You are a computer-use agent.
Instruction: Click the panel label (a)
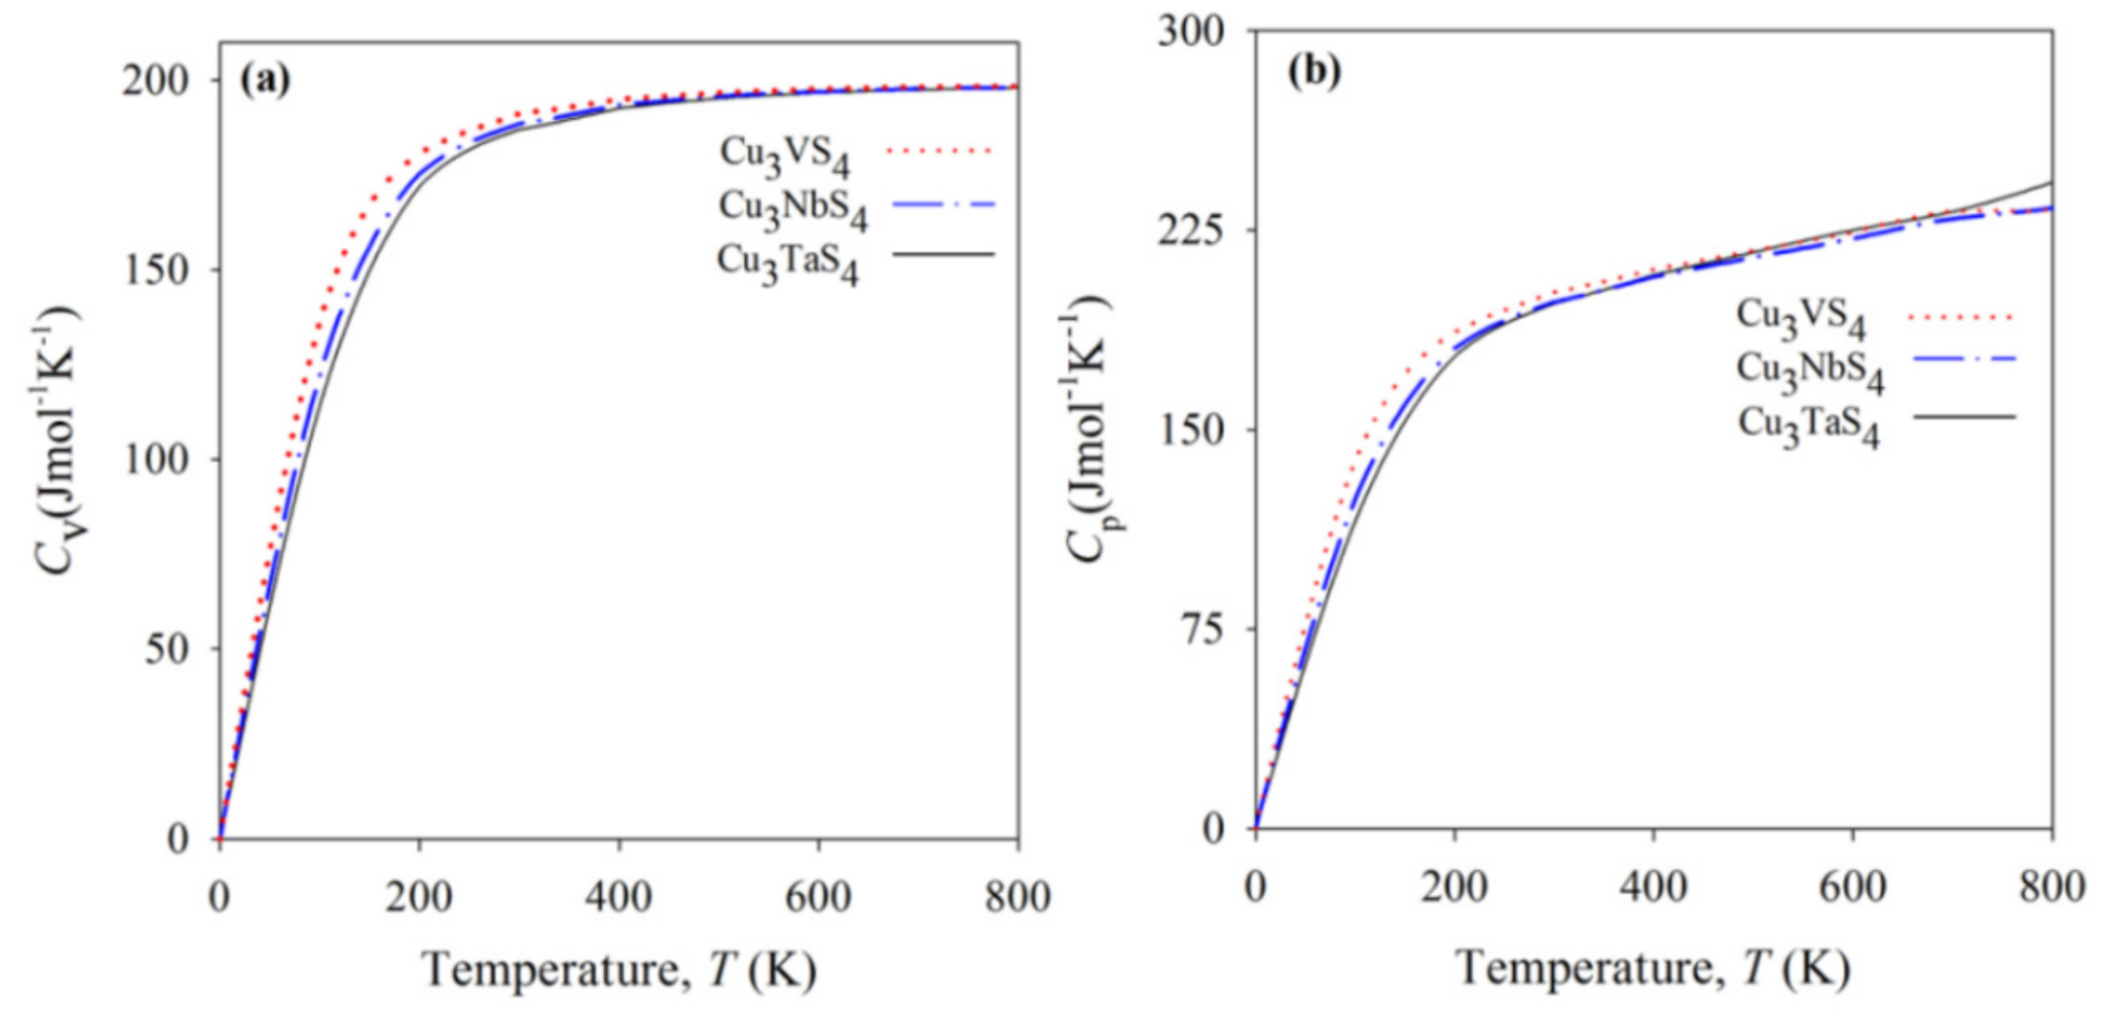click(x=264, y=80)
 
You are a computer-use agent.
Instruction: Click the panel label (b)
click(x=1314, y=71)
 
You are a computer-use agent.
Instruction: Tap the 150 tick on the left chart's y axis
click(x=156, y=269)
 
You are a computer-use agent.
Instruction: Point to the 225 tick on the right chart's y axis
click(x=1191, y=230)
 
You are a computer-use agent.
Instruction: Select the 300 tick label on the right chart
click(x=1191, y=31)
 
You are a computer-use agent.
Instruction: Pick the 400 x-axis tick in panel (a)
click(x=618, y=896)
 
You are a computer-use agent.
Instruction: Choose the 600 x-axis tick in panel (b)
click(x=1852, y=885)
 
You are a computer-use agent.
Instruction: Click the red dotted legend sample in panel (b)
click(x=1963, y=316)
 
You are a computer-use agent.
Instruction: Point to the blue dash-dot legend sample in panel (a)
click(x=943, y=204)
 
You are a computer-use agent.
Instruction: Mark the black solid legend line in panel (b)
click(x=1963, y=417)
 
